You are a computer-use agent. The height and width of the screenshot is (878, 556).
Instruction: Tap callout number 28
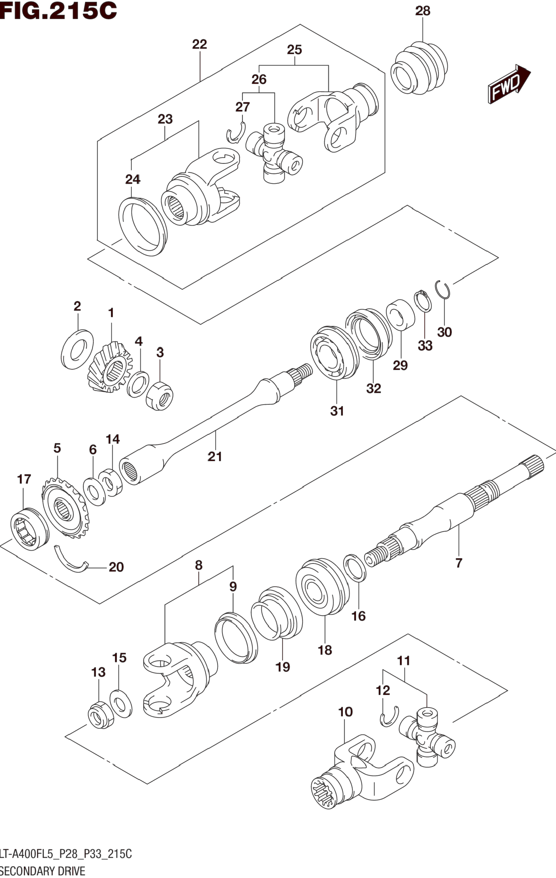tap(423, 11)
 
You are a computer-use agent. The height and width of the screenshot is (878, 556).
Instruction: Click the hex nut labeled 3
tap(160, 396)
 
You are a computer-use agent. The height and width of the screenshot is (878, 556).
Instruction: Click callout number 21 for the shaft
tap(215, 456)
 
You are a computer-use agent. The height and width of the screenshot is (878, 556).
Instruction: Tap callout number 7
tap(459, 563)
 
